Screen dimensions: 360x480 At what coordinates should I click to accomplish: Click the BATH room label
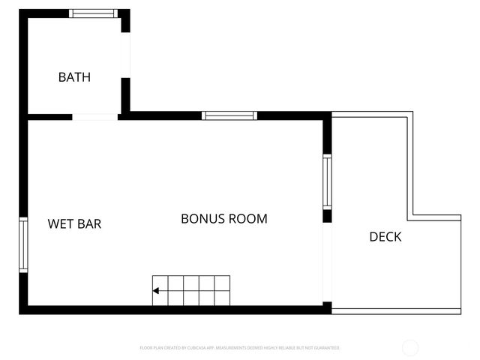point(74,76)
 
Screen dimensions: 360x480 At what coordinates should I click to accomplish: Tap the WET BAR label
point(74,223)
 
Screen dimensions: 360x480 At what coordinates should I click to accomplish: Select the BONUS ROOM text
point(223,219)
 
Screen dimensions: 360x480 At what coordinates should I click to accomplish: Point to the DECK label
point(385,237)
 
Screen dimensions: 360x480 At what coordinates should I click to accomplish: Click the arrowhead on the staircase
point(156,290)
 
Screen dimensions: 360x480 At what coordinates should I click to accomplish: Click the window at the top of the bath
point(94,13)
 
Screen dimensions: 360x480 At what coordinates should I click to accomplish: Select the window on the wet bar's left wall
point(23,245)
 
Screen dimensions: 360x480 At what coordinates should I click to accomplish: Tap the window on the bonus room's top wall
point(229,115)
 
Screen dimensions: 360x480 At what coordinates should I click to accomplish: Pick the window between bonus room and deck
point(327,181)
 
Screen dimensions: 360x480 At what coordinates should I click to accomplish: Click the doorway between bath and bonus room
point(94,116)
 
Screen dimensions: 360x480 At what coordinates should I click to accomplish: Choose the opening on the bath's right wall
point(126,55)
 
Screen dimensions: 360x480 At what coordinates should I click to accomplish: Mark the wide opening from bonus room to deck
point(327,262)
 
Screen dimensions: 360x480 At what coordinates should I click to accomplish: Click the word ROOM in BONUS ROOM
point(247,219)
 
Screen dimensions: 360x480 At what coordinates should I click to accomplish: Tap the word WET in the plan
point(59,223)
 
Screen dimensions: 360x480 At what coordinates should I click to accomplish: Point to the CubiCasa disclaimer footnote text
point(240,348)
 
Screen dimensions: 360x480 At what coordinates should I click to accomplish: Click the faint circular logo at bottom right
point(410,348)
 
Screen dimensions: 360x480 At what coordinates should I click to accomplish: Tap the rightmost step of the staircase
point(223,290)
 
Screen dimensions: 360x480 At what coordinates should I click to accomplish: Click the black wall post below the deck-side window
point(327,216)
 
